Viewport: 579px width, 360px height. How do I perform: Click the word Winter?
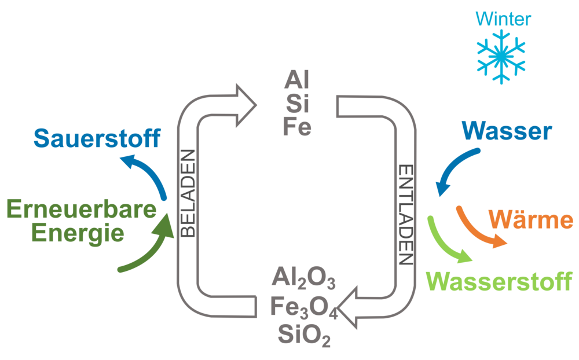point(503,20)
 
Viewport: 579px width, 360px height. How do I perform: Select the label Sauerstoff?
point(96,138)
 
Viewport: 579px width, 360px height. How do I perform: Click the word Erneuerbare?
point(80,209)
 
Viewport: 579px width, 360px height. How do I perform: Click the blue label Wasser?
point(507,132)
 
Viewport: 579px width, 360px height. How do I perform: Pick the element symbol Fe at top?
point(297,127)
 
